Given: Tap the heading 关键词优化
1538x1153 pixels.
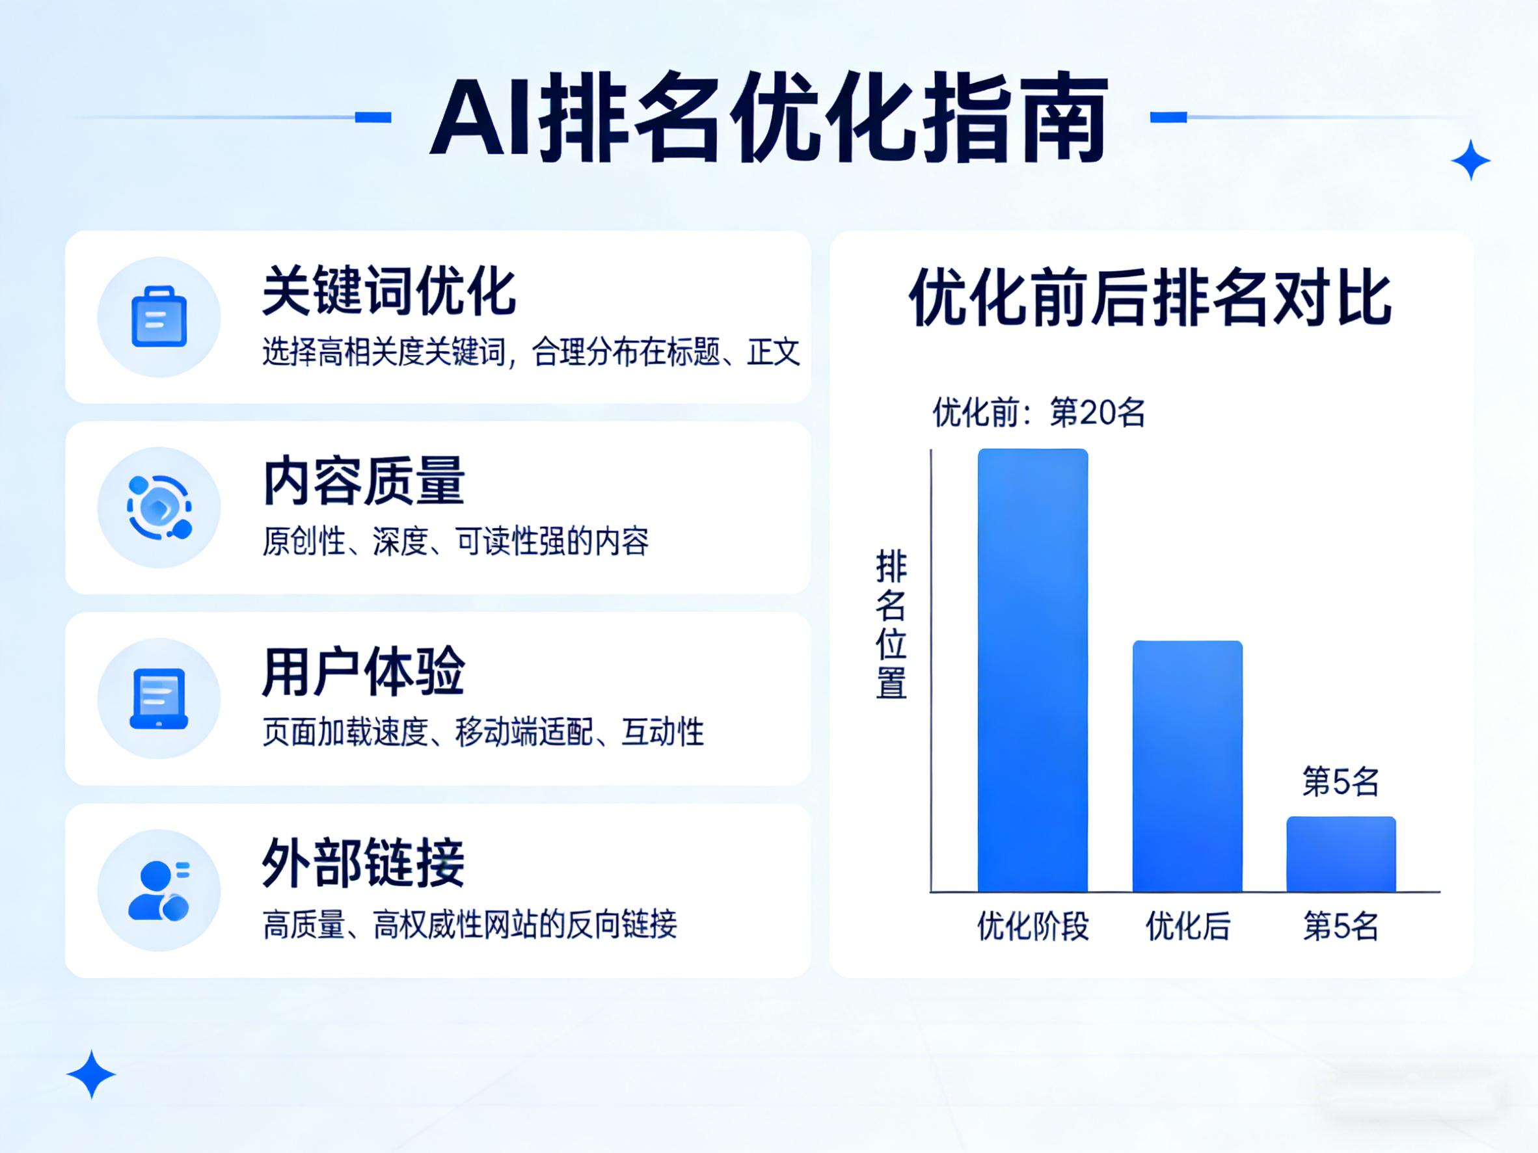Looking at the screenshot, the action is [x=389, y=291].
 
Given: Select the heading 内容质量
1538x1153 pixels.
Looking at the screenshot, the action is [x=364, y=481].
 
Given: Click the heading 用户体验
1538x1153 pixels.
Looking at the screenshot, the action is [x=364, y=672].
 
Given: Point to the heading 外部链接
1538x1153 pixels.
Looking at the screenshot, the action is [x=364, y=862].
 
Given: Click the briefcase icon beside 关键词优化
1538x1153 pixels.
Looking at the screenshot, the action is [x=159, y=316].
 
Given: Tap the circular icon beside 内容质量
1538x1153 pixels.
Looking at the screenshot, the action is [x=159, y=507].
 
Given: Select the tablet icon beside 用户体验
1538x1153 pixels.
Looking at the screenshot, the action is [x=159, y=698].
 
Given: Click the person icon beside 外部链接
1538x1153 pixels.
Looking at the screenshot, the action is [x=159, y=890].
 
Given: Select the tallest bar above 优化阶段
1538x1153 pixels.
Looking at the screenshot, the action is [x=1032, y=670].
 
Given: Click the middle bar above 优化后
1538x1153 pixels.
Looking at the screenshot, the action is [x=1187, y=766].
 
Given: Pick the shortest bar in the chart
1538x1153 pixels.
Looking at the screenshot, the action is [x=1342, y=854].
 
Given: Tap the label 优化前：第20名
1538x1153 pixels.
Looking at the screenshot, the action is [x=1039, y=413].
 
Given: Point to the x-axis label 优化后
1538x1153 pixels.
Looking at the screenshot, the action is [x=1187, y=927].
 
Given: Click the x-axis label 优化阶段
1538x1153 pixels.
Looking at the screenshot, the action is [x=1032, y=927].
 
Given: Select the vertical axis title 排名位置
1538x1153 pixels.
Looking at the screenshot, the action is [x=891, y=624].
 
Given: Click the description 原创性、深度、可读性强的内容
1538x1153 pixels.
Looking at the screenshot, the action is [x=455, y=542].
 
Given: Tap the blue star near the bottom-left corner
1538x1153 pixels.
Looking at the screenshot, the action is [x=91, y=1074].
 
